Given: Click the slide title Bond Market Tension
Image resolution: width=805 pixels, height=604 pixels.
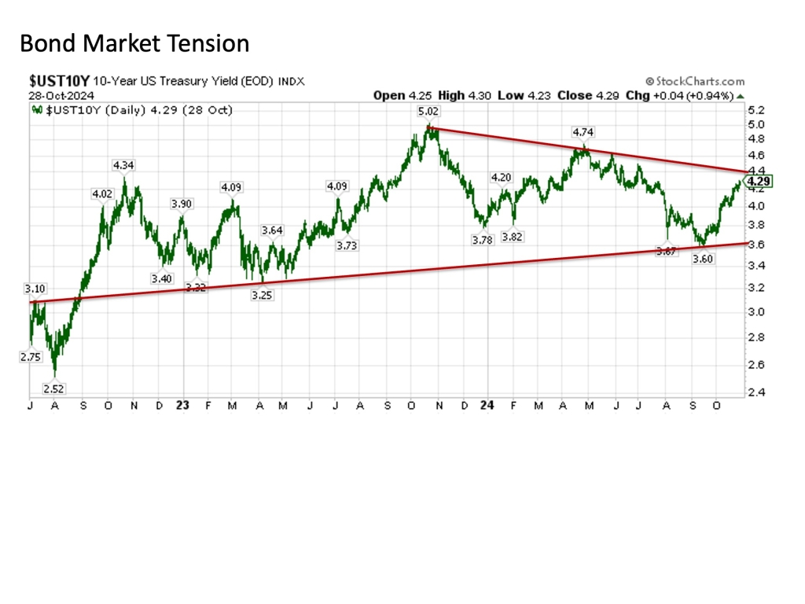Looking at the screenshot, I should coord(134,42).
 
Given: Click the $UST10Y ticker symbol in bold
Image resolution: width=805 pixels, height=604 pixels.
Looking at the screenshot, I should coord(60,81).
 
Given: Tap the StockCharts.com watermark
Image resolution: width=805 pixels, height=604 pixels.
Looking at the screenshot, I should coord(695,81).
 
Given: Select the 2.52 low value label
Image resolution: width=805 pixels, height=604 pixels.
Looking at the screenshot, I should coord(54,389).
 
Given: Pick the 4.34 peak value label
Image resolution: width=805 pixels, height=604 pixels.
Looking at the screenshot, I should coord(123,165).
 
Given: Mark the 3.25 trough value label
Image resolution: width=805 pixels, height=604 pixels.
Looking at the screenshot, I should coord(262,294).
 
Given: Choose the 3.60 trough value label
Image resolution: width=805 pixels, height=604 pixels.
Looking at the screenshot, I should coord(703,259).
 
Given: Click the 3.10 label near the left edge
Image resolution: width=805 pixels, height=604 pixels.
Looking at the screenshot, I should coord(36,289).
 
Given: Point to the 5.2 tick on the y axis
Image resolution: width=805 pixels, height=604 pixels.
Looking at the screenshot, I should coord(755,109).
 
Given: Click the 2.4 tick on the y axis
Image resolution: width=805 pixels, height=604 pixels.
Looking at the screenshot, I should coord(755,392).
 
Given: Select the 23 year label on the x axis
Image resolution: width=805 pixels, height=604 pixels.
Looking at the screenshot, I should coord(182,406).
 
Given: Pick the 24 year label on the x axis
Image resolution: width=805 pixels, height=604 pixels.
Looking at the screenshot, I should coord(487,406).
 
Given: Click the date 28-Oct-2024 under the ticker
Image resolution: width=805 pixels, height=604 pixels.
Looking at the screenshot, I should coord(58,95).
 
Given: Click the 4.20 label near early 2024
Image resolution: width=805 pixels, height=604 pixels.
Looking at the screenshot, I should coord(501,177).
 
